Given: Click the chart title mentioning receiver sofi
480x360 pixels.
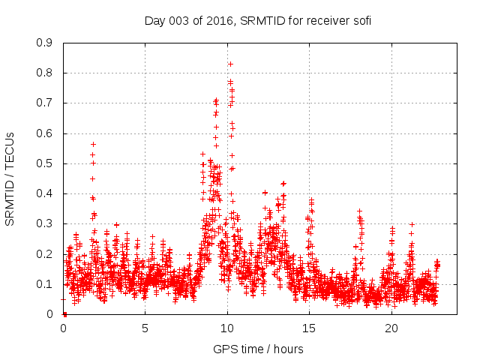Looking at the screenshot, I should [x=258, y=20].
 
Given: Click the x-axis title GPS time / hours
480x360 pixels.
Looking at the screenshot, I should [x=258, y=349].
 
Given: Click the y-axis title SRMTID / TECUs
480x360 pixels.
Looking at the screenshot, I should [x=10, y=178].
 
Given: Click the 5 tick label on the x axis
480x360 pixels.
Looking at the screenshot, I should [x=145, y=328].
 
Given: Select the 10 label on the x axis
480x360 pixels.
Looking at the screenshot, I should [x=227, y=328].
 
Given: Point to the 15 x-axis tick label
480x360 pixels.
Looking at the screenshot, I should [x=310, y=328].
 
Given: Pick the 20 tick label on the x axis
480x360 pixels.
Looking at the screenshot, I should [x=391, y=328].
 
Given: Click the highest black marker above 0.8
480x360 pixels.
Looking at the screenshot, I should [x=231, y=64].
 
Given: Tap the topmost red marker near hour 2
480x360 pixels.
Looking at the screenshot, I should [x=93, y=144].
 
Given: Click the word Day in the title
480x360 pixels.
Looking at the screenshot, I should [x=154, y=20].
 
